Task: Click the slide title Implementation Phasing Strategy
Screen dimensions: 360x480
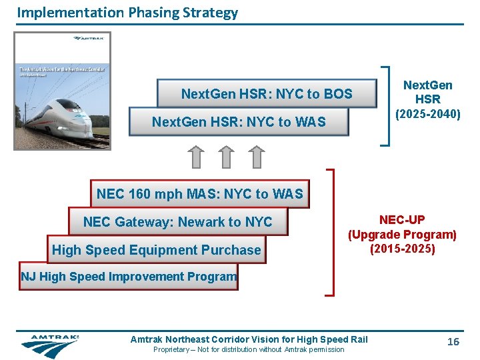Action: [x=127, y=12]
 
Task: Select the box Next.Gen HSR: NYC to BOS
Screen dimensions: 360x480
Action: [x=267, y=94]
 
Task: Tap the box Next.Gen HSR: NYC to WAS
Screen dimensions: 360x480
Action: [x=239, y=122]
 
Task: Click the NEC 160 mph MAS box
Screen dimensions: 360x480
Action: [x=199, y=194]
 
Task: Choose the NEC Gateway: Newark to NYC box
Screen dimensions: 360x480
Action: [x=177, y=222]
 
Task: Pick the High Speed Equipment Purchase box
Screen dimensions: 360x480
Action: [x=156, y=250]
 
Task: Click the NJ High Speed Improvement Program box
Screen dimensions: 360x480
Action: [x=129, y=277]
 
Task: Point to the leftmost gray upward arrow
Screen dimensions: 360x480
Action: [x=195, y=157]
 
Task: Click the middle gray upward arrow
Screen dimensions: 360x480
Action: [x=227, y=157]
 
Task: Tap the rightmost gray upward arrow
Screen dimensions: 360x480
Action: [x=257, y=157]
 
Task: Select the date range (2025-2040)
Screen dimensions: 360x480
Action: [x=427, y=114]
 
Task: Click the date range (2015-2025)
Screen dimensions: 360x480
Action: [x=402, y=249]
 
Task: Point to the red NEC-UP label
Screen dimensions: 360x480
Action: [x=402, y=219]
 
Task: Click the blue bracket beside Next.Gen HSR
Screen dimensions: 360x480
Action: [x=385, y=105]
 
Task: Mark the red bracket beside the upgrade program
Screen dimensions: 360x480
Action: [x=331, y=231]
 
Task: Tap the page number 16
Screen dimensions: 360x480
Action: [x=453, y=342]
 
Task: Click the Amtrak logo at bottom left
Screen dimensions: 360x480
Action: [x=50, y=345]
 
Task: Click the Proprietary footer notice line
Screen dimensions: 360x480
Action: [x=249, y=350]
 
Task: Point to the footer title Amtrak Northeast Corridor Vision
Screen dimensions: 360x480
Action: [x=249, y=340]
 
